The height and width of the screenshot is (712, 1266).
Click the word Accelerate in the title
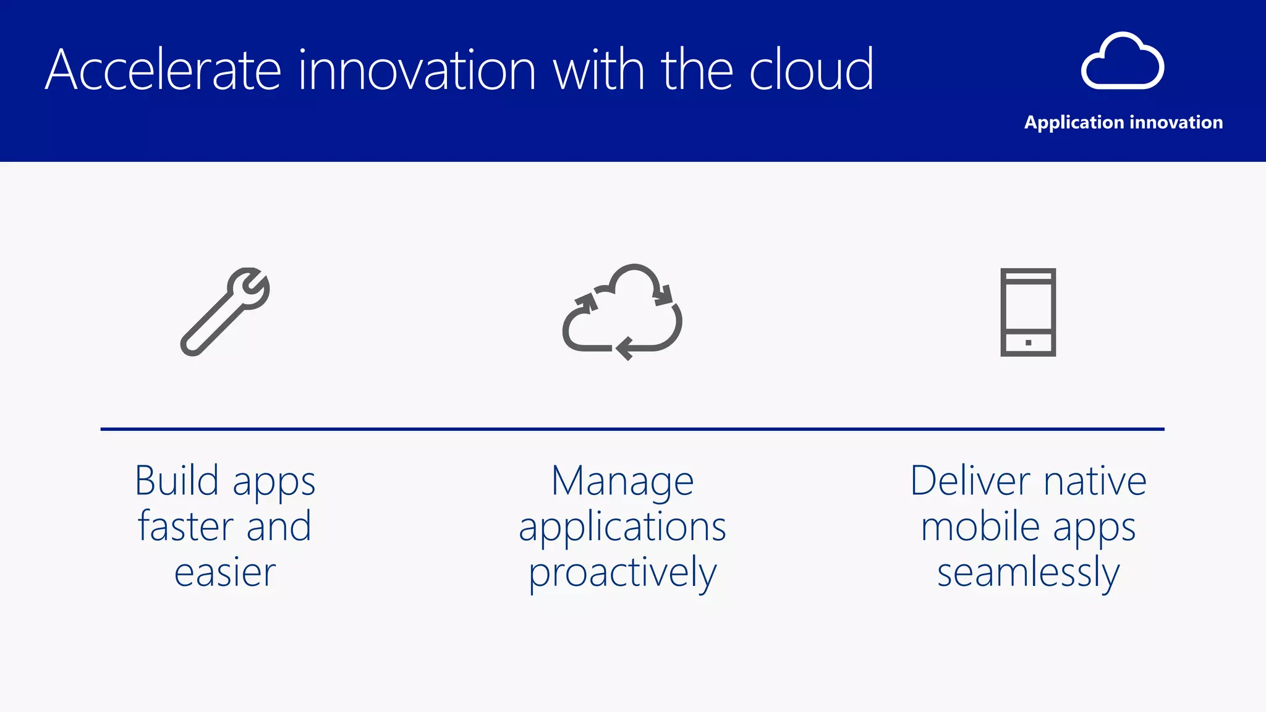tap(163, 70)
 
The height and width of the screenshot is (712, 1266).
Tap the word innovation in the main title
tap(417, 70)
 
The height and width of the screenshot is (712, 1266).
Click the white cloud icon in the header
tap(1123, 62)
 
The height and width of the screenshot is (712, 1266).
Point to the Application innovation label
tap(1123, 122)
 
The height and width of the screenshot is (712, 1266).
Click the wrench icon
tap(225, 311)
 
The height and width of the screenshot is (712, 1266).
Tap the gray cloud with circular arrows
tap(622, 311)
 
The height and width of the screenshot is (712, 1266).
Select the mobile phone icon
tap(1028, 311)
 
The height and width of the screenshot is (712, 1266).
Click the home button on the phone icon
tap(1028, 342)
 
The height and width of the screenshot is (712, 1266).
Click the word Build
tap(177, 481)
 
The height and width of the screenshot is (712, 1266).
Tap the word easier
tap(225, 573)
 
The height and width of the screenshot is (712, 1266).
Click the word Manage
tap(622, 481)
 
